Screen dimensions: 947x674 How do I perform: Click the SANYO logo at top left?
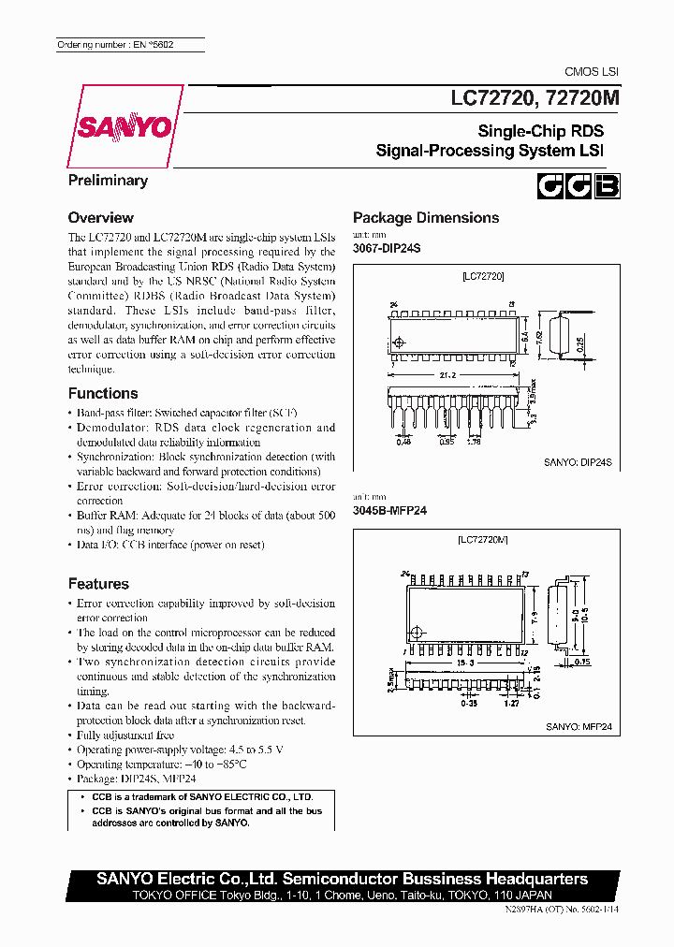click(x=124, y=126)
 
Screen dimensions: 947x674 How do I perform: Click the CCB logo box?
click(x=579, y=187)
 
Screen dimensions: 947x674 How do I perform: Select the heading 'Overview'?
click(x=101, y=218)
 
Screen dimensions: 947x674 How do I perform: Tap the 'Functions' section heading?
click(x=103, y=394)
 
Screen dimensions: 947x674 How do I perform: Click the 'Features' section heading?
click(x=98, y=584)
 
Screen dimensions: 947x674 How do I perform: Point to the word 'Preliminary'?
click(x=108, y=181)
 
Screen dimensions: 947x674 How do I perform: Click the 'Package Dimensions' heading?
click(x=425, y=218)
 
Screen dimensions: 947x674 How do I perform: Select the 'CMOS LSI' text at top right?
click(x=591, y=72)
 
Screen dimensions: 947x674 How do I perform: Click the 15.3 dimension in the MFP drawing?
click(x=465, y=663)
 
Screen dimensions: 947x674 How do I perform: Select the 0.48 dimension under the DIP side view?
click(x=403, y=442)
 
